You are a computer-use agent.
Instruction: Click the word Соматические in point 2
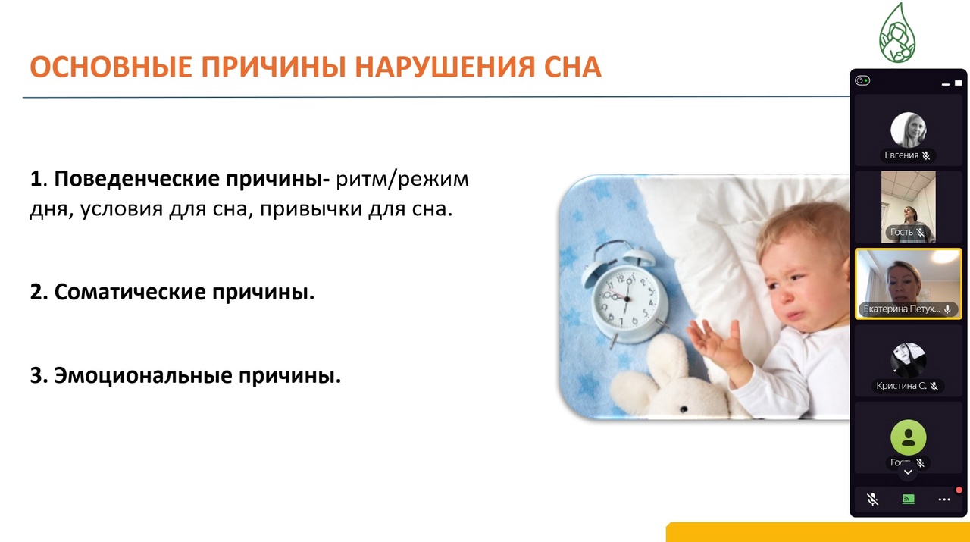point(130,292)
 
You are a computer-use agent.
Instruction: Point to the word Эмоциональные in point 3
point(143,375)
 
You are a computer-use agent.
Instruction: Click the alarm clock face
point(626,298)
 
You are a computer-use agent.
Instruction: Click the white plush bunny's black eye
point(684,409)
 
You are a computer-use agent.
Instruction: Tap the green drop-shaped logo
point(896,33)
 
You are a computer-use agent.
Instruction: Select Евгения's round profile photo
point(908,130)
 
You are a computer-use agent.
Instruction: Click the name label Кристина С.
point(901,386)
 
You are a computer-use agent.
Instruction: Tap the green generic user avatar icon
point(908,437)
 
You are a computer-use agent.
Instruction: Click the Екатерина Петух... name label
point(902,309)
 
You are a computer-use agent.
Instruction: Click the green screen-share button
point(908,500)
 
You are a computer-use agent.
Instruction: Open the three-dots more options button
point(944,500)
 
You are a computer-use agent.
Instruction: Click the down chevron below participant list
point(908,472)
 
